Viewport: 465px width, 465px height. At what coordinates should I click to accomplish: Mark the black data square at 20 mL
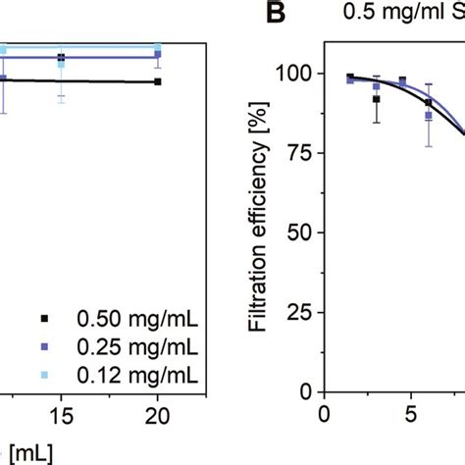(158, 82)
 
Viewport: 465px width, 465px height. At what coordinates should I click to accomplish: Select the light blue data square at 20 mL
(158, 46)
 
